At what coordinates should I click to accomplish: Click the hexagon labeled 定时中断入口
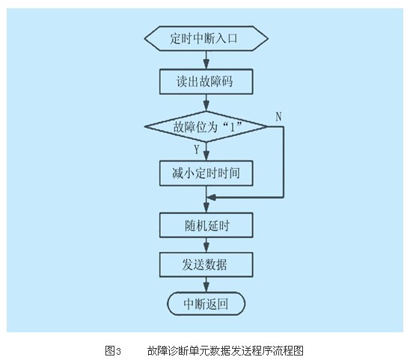tap(206, 38)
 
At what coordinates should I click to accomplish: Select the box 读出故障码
tap(206, 82)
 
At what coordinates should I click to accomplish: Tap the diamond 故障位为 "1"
tap(206, 127)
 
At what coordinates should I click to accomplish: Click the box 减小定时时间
tap(206, 173)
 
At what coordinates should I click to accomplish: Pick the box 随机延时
tap(206, 225)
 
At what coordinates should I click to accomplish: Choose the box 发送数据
tap(206, 264)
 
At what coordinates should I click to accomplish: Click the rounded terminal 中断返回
tap(206, 304)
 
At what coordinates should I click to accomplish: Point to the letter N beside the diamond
tap(279, 117)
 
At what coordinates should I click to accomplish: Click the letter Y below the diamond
tap(197, 150)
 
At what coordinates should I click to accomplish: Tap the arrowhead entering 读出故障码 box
tap(206, 64)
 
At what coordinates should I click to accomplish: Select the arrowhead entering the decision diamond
tap(206, 107)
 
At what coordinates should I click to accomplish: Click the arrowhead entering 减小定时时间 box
tap(206, 156)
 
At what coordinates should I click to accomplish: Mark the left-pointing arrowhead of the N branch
tap(211, 198)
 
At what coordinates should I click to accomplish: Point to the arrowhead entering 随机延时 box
tap(206, 208)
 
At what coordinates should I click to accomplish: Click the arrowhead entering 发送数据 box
tap(206, 248)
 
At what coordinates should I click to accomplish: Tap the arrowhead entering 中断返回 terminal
tap(206, 287)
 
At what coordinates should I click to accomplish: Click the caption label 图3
tap(113, 350)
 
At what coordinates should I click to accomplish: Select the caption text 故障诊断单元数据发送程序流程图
tap(225, 350)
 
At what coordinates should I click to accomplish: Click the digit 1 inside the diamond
tap(232, 127)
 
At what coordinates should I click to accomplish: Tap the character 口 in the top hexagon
tap(232, 38)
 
